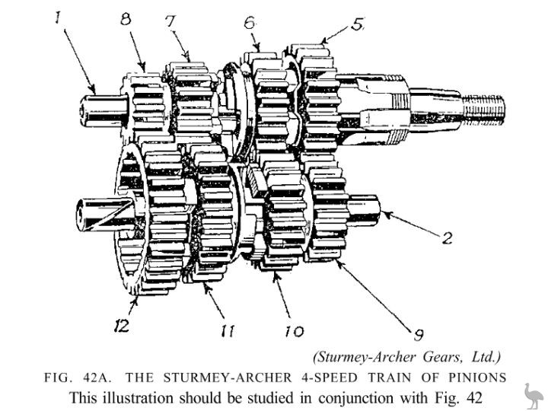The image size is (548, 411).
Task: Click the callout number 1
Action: (58, 17)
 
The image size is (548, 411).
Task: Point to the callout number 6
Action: (249, 22)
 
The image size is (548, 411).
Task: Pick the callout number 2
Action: (448, 238)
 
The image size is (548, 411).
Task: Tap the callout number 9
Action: (418, 334)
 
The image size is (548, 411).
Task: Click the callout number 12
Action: (121, 327)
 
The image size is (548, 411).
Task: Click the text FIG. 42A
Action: (72, 378)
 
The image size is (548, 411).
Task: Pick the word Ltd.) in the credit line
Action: (482, 356)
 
